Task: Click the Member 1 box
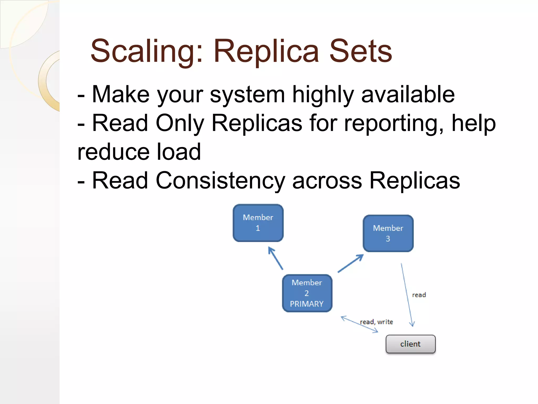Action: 258,223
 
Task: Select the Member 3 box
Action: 388,233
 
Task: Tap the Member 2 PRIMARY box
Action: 307,293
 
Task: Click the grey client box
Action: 410,344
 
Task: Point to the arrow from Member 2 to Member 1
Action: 276,258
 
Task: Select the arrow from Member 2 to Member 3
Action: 351,263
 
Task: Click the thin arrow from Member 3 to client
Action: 407,295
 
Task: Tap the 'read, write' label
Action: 376,322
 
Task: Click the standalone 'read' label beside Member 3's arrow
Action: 419,295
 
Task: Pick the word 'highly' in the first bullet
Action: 323,95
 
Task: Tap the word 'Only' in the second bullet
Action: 180,124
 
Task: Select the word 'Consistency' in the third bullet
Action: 220,181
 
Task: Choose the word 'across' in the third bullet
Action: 327,181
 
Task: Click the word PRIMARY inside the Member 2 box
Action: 307,304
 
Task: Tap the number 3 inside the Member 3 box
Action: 388,239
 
